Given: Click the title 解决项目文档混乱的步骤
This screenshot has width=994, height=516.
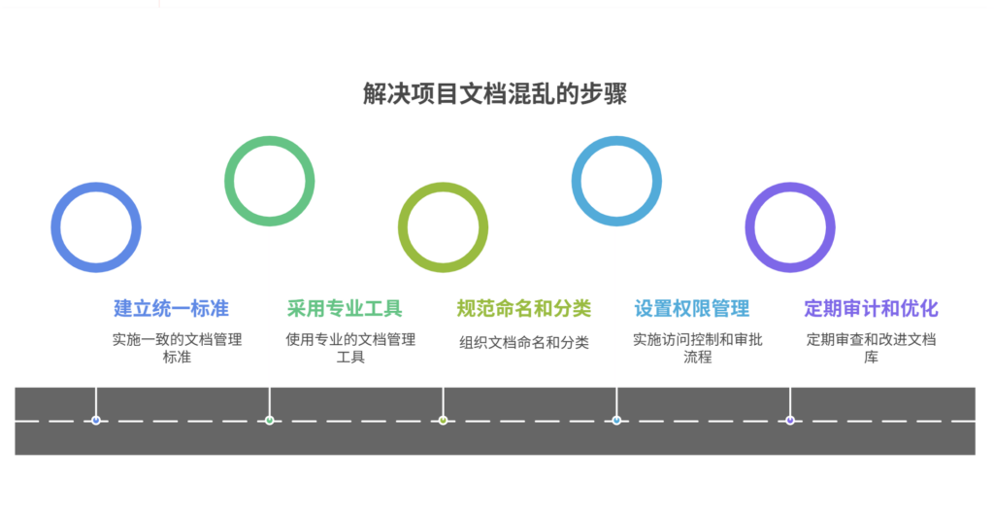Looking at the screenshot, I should click(495, 94).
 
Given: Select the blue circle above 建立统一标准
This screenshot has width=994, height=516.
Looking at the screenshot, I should click(96, 227).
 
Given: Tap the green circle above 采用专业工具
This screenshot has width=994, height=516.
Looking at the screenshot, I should click(269, 181).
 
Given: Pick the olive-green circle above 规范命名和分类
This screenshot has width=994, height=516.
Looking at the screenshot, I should click(443, 227).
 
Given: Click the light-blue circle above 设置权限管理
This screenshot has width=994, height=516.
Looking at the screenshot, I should click(616, 181).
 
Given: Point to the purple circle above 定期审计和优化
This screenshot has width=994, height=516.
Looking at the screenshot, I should click(790, 227).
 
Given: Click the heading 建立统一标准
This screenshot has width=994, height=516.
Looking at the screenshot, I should click(171, 309).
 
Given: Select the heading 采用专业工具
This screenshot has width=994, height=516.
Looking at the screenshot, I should click(345, 309).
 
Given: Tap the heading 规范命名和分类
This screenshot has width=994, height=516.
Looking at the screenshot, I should click(523, 309).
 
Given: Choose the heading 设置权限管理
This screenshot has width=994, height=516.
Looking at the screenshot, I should click(692, 309).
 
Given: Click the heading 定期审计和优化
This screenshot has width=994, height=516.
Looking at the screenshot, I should click(871, 309).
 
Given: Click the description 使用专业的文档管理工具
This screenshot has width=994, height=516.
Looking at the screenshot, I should click(350, 348).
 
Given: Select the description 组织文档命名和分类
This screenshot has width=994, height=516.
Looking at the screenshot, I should click(524, 342).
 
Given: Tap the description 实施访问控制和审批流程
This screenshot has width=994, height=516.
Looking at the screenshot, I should click(697, 348).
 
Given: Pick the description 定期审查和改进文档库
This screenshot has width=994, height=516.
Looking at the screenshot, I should click(871, 348).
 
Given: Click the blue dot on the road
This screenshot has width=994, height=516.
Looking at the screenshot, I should click(95, 421).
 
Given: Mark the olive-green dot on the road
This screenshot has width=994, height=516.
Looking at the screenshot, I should click(443, 421).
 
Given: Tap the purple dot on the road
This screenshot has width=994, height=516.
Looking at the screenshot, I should click(790, 421).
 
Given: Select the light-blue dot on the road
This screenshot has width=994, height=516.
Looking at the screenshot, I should click(616, 421).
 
